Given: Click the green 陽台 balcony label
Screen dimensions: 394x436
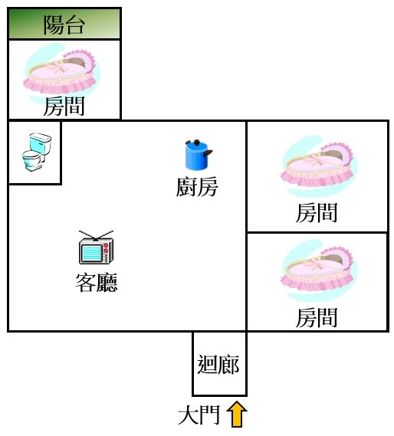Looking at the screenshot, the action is tap(64, 25).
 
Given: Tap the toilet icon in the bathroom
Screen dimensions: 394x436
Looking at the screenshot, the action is tap(37, 152).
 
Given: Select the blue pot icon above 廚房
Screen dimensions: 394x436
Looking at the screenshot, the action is tap(199, 155).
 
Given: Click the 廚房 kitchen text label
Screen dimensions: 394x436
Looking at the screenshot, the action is tap(197, 187).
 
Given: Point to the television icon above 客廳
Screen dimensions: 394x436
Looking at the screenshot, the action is tap(96, 248).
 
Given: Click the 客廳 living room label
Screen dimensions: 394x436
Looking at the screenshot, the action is tap(97, 282).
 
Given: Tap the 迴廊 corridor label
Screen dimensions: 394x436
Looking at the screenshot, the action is tap(218, 364).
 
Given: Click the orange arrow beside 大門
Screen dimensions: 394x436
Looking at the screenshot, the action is tap(237, 415).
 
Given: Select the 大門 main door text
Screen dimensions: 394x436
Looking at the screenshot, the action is tap(199, 415).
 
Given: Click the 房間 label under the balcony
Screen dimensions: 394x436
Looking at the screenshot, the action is tap(64, 107).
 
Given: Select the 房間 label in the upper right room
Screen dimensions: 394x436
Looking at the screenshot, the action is tap(317, 213).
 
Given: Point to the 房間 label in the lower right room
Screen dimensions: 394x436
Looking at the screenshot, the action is tap(317, 317).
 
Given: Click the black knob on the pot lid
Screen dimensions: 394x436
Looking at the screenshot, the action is tap(197, 143).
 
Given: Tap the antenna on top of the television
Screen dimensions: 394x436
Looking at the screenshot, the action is tap(96, 235).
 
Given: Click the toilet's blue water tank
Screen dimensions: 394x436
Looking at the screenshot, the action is tap(41, 143).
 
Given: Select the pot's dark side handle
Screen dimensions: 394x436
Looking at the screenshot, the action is tap(208, 152).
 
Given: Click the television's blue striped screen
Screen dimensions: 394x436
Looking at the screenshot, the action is tap(91, 252).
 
